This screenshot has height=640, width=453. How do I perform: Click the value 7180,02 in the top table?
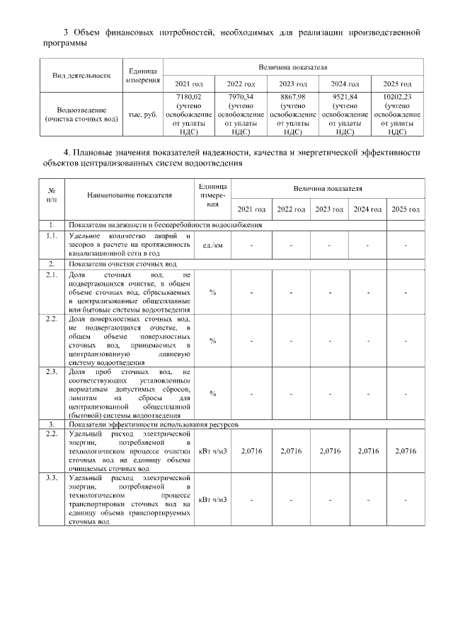188,96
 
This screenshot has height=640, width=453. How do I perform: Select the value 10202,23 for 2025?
398,96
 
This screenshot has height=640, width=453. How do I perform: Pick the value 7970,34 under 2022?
241,96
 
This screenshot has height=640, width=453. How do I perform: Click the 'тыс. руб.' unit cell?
143,115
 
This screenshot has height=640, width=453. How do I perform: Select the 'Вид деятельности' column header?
81,76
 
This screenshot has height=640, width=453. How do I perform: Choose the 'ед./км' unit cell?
212,245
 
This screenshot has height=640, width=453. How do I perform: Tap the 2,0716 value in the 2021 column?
252,450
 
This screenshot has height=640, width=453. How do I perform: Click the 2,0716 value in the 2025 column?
406,450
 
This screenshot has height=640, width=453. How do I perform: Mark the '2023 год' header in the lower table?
329,209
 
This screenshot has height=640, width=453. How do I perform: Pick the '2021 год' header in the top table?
188,83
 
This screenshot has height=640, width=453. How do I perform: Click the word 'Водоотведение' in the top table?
81,110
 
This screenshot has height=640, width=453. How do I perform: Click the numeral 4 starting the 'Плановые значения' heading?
66,152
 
